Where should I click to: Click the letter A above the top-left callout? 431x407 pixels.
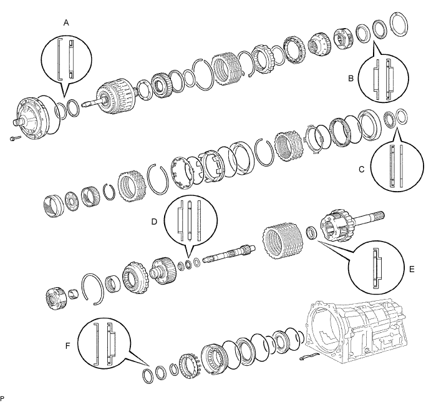click(66, 22)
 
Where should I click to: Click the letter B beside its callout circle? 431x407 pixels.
click(351, 79)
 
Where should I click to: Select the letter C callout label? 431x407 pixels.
click(362, 169)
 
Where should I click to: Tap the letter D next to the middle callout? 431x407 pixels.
click(154, 222)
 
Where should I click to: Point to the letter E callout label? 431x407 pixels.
click(412, 269)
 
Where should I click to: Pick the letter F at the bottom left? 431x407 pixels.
click(68, 346)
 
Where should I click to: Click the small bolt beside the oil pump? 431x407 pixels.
click(15, 139)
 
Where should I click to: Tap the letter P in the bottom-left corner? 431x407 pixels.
click(2, 398)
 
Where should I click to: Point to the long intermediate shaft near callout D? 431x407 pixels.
click(229, 252)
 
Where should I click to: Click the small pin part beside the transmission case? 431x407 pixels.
click(308, 356)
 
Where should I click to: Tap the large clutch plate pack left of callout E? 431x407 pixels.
click(284, 243)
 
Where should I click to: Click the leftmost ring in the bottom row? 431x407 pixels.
click(148, 376)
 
